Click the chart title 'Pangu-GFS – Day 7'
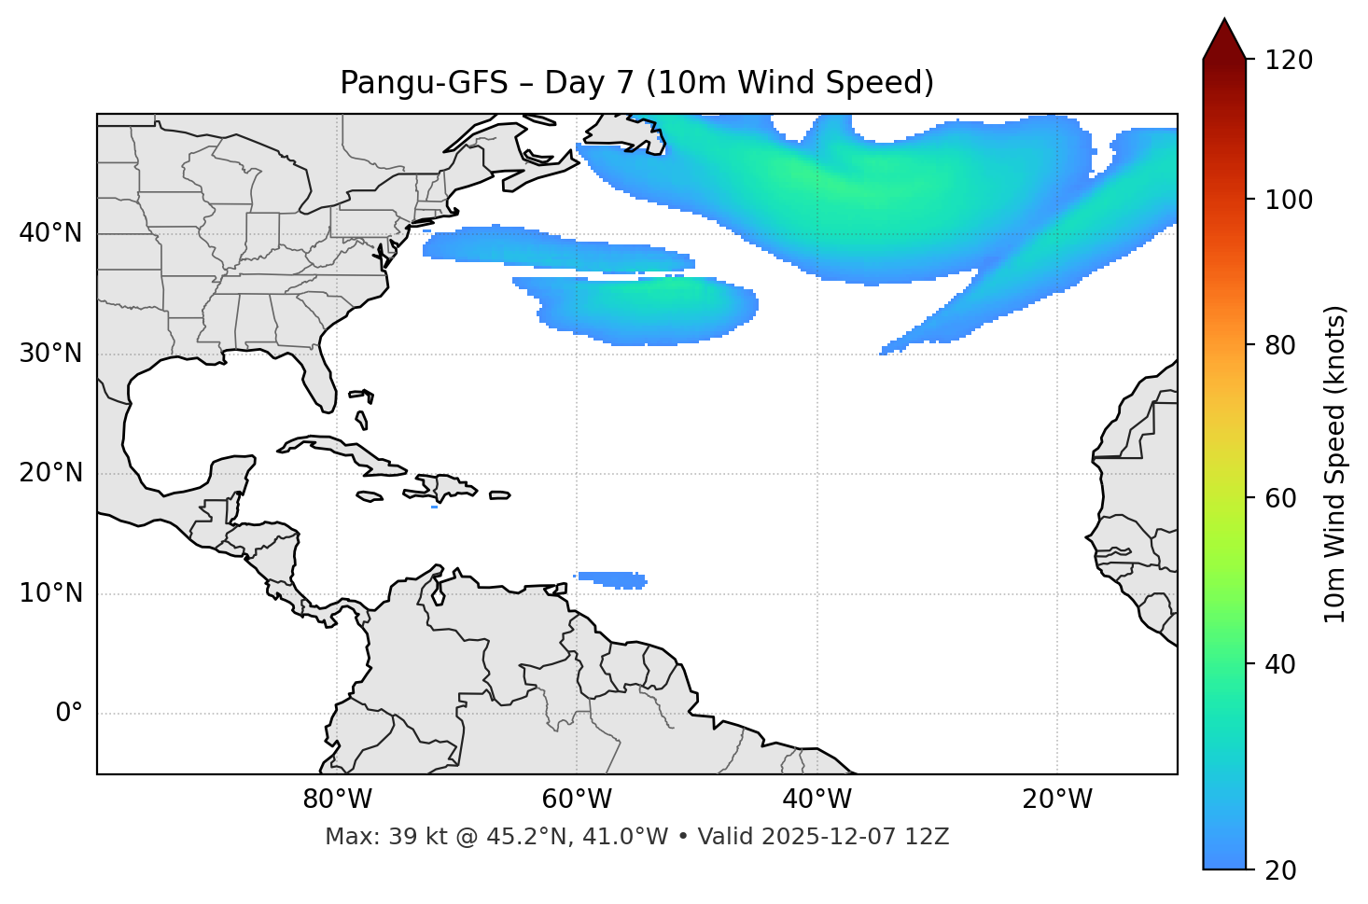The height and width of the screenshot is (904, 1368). (x=636, y=83)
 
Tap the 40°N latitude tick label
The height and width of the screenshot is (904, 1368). (x=50, y=233)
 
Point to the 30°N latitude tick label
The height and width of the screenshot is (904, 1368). (x=50, y=354)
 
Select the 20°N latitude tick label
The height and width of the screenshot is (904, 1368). (x=50, y=473)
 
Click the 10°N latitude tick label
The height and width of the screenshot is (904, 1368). (x=50, y=593)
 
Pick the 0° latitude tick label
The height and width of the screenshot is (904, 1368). (x=69, y=714)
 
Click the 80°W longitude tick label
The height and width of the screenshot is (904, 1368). (x=337, y=800)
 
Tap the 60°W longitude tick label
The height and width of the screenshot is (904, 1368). (x=577, y=800)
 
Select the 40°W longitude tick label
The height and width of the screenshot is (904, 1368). (x=817, y=800)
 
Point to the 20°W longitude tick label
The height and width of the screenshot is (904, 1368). (x=1057, y=800)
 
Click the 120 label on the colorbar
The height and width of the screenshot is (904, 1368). (x=1291, y=61)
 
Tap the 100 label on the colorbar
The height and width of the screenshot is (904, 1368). (x=1291, y=200)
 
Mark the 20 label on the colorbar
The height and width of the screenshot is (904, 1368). (x=1279, y=870)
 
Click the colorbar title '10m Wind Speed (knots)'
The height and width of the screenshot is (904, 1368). (x=1335, y=464)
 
